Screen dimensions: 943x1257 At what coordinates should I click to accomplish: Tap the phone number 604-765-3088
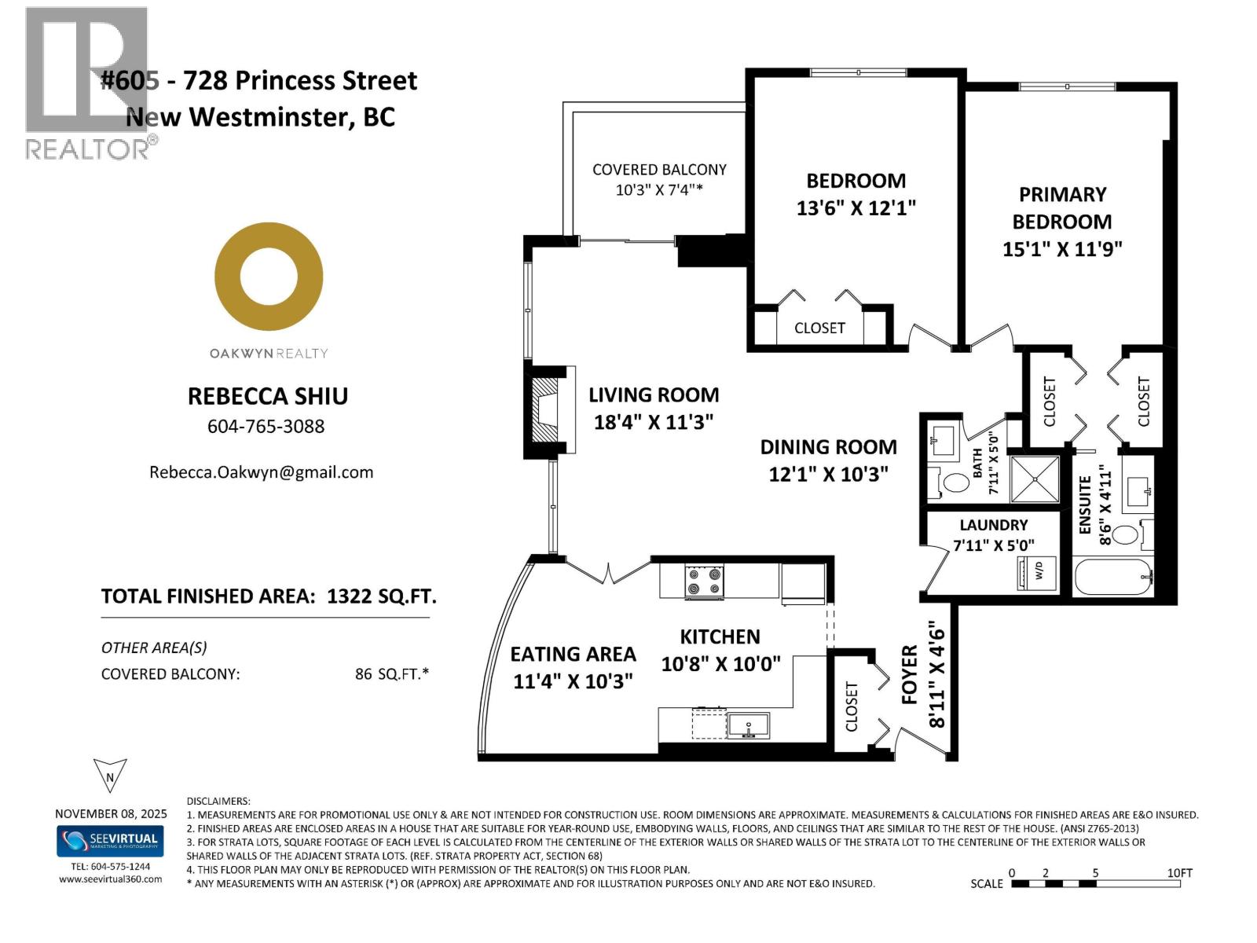[x=266, y=427]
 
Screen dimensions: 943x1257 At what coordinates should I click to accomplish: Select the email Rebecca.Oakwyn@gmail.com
[x=262, y=472]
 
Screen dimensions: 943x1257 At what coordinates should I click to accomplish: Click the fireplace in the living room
[x=547, y=410]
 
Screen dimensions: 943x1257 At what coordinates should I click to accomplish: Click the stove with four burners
[x=704, y=582]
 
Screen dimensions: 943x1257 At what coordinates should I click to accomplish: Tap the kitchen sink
[x=748, y=725]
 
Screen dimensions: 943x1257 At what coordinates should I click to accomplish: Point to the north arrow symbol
[x=110, y=776]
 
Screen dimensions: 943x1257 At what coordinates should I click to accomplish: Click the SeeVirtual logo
[x=110, y=840]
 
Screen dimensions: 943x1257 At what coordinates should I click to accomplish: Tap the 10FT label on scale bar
[x=1179, y=873]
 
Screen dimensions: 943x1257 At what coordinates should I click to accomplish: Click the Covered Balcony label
[x=659, y=170]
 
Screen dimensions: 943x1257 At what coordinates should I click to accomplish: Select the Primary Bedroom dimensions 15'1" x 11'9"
[x=1062, y=250]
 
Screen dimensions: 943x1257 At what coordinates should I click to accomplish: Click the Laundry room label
[x=993, y=525]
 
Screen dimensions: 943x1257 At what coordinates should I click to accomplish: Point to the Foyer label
[x=910, y=674]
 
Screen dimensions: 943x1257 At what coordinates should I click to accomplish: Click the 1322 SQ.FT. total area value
[x=381, y=596]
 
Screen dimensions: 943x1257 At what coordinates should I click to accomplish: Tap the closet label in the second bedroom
[x=819, y=328]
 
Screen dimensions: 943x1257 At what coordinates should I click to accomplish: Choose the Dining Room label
[x=828, y=447]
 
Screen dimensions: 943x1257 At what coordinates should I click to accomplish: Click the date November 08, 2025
[x=111, y=814]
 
